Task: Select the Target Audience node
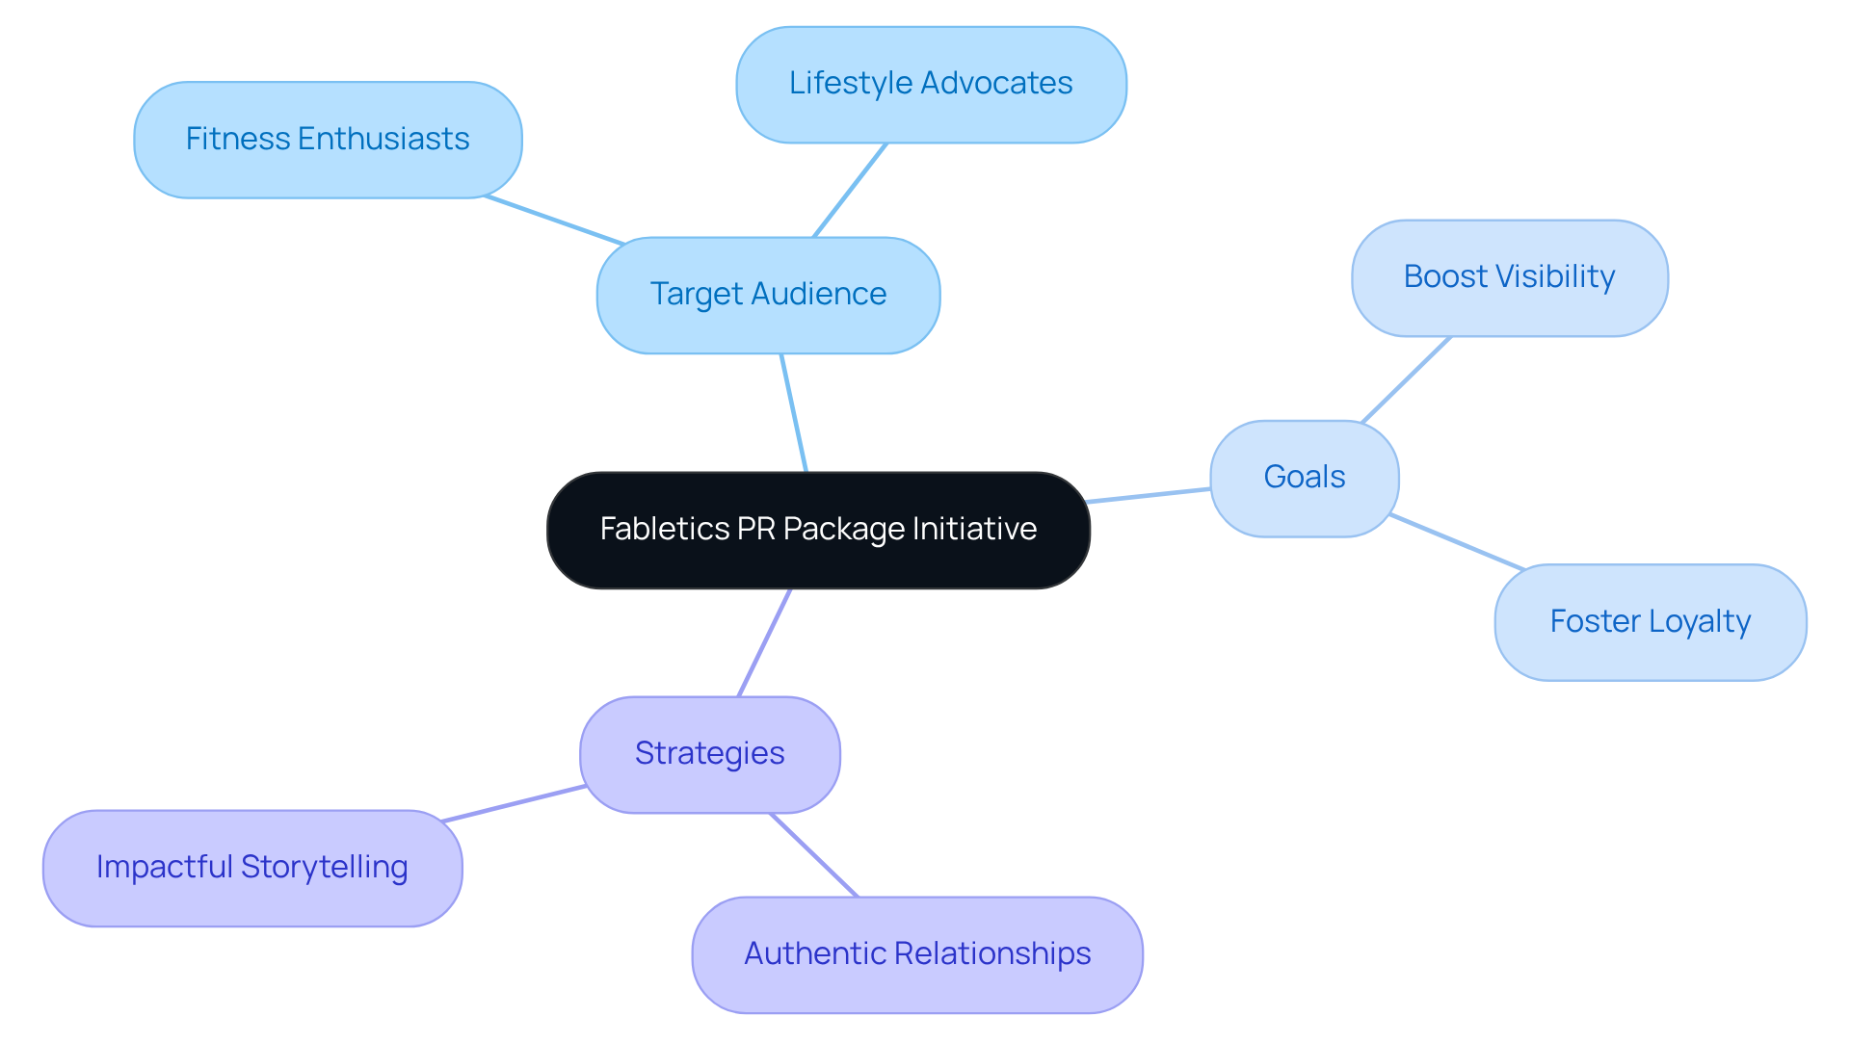768,295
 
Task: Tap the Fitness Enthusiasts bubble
328,140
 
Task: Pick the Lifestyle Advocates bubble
931,84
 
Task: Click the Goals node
1304,478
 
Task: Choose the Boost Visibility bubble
1509,277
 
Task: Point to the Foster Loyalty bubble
1650,622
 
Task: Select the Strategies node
709,754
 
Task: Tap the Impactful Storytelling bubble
252,868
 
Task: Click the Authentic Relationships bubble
917,954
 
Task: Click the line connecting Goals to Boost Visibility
1406,379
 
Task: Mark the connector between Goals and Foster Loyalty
1457,542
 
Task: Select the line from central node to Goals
1149,495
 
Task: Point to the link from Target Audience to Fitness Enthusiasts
554,221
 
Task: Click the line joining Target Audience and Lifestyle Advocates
850,191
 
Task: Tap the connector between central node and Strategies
764,642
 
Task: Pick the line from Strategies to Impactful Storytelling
513,803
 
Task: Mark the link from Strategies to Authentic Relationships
813,855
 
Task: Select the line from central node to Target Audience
794,413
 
